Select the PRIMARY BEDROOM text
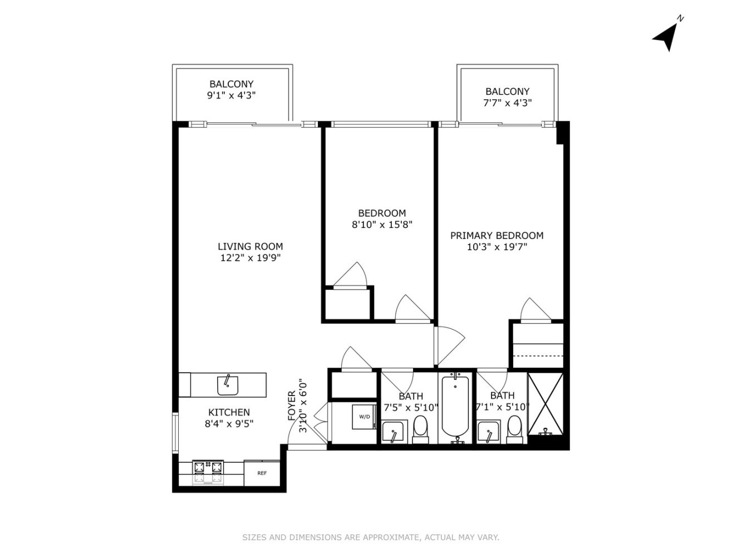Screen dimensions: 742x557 coord(497,236)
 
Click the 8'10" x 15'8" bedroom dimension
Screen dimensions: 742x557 coord(382,224)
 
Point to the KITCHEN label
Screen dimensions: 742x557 coord(229,412)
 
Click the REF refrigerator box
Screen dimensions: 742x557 coord(262,473)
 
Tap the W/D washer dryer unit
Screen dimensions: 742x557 coord(364,417)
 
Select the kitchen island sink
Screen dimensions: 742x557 coord(228,385)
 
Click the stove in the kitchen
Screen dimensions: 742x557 coord(208,472)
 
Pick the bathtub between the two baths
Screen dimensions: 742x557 coord(455,408)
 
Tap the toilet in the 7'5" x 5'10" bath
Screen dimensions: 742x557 coord(420,429)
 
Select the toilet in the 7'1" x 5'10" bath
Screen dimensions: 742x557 coord(514,429)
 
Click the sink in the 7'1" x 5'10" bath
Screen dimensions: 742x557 coord(488,432)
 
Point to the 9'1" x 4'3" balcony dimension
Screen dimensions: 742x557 coord(231,95)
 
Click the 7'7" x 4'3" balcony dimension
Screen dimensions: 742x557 coord(507,103)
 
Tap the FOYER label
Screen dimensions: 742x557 coord(292,406)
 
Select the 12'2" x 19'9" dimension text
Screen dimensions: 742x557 coord(250,258)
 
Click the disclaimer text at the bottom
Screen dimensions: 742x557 coord(371,537)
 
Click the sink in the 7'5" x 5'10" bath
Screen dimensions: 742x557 coord(393,432)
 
